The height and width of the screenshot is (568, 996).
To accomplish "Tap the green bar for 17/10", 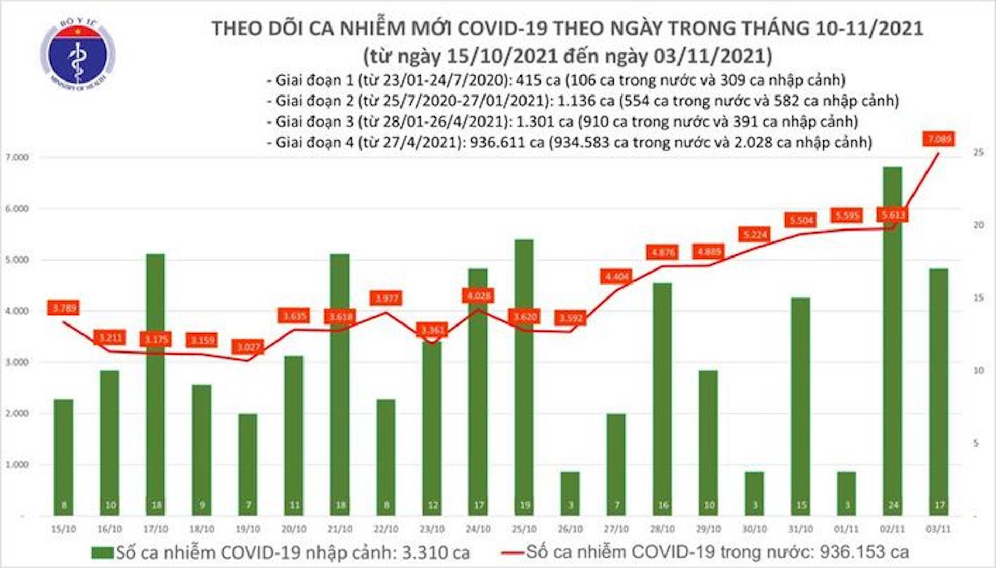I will (156, 384).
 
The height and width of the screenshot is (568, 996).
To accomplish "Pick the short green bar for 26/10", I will (570, 493).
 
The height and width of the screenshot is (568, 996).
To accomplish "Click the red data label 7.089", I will (938, 139).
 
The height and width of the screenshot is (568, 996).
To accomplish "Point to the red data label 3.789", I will (64, 308).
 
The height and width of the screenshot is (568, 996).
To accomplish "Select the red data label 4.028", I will (478, 296).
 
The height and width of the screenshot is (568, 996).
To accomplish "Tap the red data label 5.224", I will (755, 235).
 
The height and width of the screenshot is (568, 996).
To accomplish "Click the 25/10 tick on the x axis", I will (524, 529).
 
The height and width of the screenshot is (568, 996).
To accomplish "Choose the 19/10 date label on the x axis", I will (248, 529).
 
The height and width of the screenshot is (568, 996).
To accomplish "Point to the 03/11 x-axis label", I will (938, 529).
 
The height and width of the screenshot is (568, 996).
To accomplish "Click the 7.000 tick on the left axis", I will (17, 157).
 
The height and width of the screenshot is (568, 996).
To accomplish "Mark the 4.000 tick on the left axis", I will (17, 311).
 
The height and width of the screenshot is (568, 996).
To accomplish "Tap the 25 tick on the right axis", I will (979, 153).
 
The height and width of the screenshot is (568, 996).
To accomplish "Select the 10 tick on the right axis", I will (979, 371).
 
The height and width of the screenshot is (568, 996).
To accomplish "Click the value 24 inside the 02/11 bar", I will (893, 505).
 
